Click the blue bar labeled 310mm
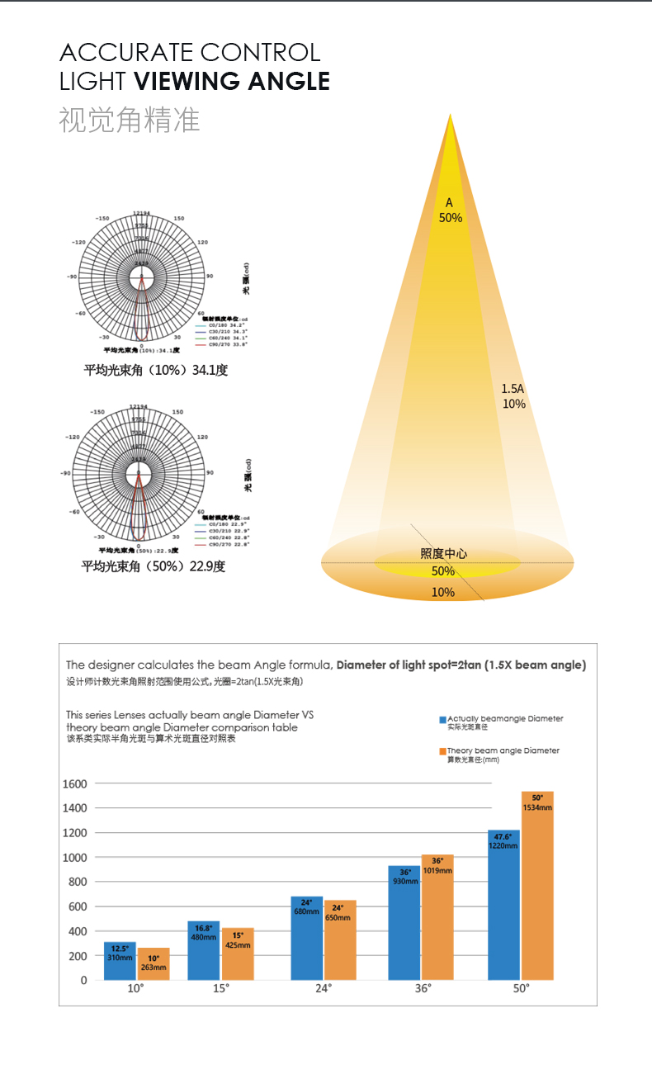(x=120, y=961)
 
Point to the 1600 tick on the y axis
(x=75, y=783)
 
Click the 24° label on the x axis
(x=324, y=988)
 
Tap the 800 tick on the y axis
(x=78, y=882)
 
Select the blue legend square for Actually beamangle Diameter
(x=442, y=720)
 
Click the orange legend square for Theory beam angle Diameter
(x=442, y=751)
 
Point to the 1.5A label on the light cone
(x=513, y=388)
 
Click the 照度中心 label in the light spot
(x=443, y=553)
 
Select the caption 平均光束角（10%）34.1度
(x=155, y=370)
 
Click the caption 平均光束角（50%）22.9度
(x=153, y=566)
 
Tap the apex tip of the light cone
(x=451, y=116)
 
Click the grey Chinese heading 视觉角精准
(x=130, y=121)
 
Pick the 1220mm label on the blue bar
(x=503, y=845)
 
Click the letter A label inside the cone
(x=450, y=202)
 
